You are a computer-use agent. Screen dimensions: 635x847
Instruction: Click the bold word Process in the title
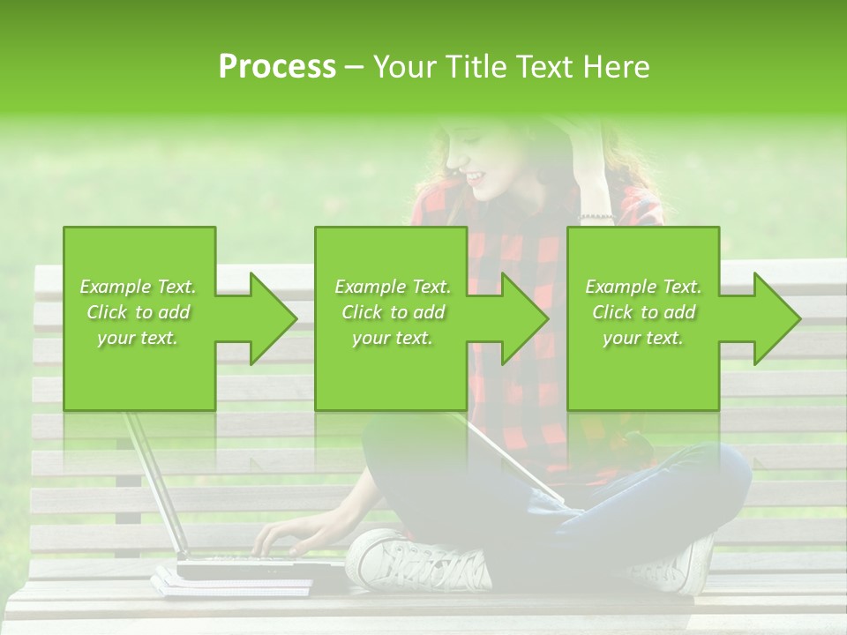pyautogui.click(x=277, y=67)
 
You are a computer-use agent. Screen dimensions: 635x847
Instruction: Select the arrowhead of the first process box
pyautogui.click(x=274, y=318)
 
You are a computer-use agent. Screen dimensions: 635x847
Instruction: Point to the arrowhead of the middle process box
pyautogui.click(x=525, y=318)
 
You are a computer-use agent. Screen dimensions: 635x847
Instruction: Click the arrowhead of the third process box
pyautogui.click(x=777, y=318)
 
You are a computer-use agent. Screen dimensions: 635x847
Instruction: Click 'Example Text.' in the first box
pyautogui.click(x=138, y=287)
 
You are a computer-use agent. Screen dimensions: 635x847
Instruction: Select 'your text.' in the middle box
pyautogui.click(x=392, y=338)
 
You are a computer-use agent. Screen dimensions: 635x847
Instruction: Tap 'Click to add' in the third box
pyautogui.click(x=643, y=312)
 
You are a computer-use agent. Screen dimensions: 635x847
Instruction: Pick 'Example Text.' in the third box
pyautogui.click(x=643, y=287)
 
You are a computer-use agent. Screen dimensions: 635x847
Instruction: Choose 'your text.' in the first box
pyautogui.click(x=138, y=338)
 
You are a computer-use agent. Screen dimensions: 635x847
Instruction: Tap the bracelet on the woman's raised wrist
pyautogui.click(x=596, y=216)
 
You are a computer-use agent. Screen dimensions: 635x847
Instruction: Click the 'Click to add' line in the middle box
pyautogui.click(x=392, y=312)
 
